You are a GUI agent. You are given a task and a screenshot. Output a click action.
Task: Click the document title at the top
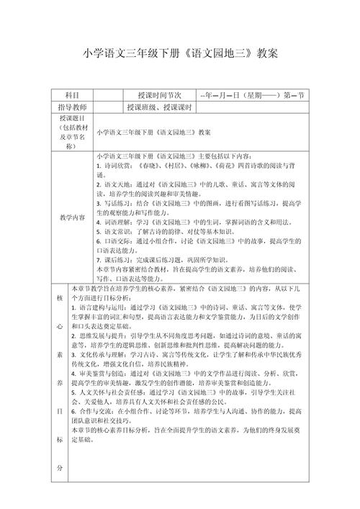point(180,53)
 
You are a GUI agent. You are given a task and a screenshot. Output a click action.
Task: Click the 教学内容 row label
point(72,216)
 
